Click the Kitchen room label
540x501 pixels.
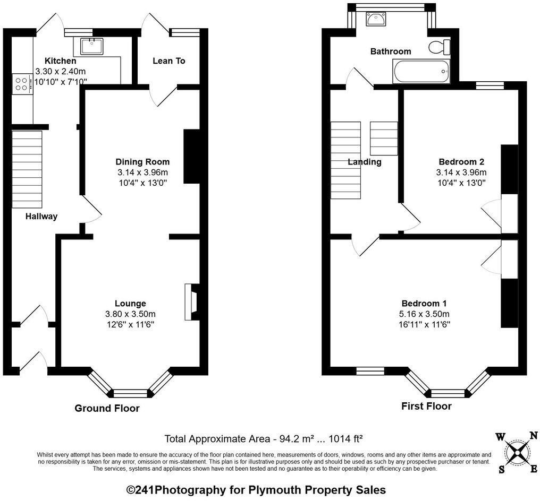point(60,61)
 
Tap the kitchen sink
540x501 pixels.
point(92,46)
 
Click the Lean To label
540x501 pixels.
point(169,61)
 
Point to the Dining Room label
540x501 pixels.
point(142,162)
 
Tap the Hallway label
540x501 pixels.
point(41,217)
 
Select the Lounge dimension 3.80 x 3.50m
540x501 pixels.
point(130,314)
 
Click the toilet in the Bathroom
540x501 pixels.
point(439,47)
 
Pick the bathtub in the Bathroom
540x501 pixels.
point(421,71)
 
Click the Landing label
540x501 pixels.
point(365,162)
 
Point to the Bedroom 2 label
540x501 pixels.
point(461,162)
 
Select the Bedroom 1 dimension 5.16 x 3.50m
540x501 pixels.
point(424,314)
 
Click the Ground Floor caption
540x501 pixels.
point(107,408)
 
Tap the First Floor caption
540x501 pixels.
point(426,406)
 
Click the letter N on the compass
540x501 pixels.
point(533,435)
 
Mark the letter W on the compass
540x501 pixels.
point(500,437)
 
